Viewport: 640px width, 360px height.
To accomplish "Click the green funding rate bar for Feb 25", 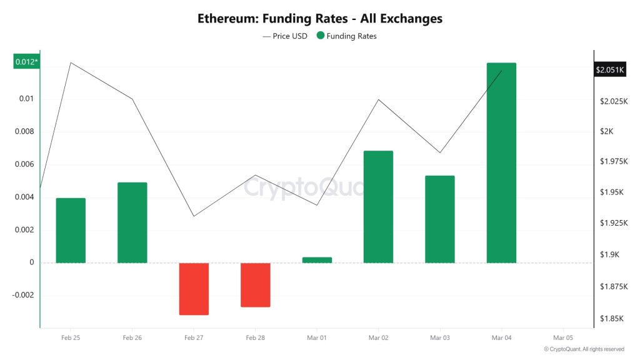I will (x=71, y=231).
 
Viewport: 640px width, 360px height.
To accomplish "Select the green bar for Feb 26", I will (x=132, y=222).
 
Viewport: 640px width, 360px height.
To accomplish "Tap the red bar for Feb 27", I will (x=194, y=289).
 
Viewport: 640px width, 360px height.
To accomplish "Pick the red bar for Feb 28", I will (x=255, y=285).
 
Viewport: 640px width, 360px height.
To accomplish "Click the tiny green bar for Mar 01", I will (x=317, y=260).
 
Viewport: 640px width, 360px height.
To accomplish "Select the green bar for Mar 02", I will (x=378, y=207).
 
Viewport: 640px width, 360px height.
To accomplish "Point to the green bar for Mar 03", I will (x=439, y=219).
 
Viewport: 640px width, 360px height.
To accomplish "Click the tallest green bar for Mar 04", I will (x=501, y=162).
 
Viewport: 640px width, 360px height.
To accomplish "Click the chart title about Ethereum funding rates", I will (x=320, y=19).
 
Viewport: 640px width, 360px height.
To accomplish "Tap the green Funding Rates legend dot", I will (x=321, y=36).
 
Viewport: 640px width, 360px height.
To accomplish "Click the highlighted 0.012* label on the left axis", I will (x=26, y=62).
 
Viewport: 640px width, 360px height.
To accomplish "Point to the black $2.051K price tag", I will (x=609, y=70).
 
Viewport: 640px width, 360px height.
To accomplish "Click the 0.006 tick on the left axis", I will (x=26, y=164).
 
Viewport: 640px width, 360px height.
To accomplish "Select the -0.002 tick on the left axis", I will (x=23, y=295).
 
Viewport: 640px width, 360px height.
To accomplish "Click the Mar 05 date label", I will (x=563, y=337).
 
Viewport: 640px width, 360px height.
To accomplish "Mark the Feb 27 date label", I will (x=194, y=337).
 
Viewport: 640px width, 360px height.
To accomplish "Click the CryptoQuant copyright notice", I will (x=584, y=349).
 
